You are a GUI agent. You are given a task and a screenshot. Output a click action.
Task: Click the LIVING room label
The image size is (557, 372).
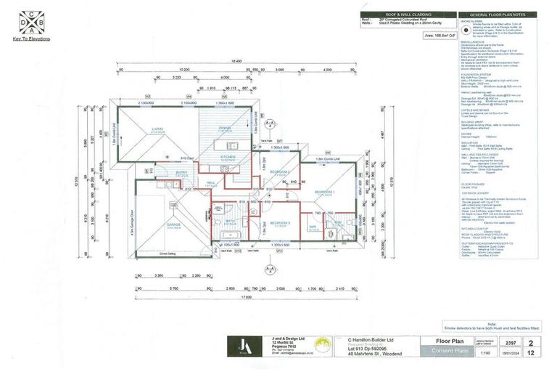pyautogui.click(x=157, y=129)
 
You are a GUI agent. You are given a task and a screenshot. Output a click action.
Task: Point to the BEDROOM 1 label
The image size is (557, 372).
pyautogui.click(x=323, y=192)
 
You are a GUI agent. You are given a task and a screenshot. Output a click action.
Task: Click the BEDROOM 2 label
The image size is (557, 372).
pyautogui.click(x=280, y=171)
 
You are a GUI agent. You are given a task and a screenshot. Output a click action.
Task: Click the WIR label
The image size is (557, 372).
pyautogui.click(x=313, y=226)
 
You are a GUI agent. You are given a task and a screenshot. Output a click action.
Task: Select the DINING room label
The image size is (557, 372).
pyautogui.click(x=225, y=127)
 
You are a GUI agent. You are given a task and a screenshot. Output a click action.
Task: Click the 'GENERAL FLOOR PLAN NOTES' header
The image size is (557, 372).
pyautogui.click(x=501, y=14)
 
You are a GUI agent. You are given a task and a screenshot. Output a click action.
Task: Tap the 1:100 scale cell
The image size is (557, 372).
pyautogui.click(x=490, y=352)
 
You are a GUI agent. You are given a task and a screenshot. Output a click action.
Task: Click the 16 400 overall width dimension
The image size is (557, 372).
pyautogui.click(x=236, y=62)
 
